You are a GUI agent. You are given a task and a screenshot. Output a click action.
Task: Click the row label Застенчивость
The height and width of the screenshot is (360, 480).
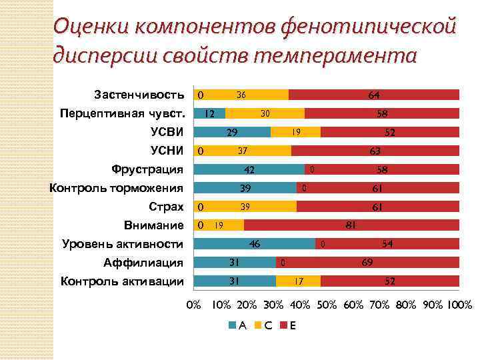[x=139, y=93]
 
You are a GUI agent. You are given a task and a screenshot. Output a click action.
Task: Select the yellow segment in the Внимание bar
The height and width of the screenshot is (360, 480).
[x=219, y=225]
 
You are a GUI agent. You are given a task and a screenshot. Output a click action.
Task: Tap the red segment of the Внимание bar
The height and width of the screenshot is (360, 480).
[x=351, y=225]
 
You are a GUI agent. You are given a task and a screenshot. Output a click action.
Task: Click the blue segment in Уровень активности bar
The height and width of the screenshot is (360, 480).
[x=254, y=244]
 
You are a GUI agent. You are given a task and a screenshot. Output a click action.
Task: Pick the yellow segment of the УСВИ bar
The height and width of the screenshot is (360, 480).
[x=295, y=132]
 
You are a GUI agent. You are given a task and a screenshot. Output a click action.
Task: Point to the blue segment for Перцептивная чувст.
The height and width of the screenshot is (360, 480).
[x=209, y=113]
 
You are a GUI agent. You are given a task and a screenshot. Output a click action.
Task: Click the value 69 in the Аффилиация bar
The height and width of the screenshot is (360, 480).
[x=367, y=263]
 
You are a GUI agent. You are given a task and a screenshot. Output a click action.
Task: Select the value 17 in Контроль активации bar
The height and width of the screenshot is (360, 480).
[x=299, y=281]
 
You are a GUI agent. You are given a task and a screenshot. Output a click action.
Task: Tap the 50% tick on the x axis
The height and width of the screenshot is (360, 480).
[x=327, y=305]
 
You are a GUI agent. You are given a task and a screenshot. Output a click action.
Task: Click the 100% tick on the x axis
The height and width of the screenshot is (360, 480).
[x=459, y=305]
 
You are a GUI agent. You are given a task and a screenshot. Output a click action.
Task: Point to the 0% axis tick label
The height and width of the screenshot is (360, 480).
[x=193, y=305]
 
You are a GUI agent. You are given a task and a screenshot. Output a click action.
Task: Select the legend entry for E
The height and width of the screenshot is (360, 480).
[x=289, y=325]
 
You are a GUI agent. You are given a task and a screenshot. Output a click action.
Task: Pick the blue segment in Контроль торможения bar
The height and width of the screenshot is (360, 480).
[x=245, y=188]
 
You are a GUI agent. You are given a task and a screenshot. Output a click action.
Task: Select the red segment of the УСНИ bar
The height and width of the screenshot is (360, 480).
[x=375, y=151]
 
